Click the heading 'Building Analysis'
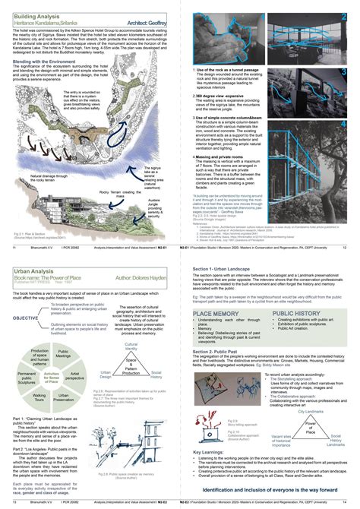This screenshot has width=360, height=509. point(38,15)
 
